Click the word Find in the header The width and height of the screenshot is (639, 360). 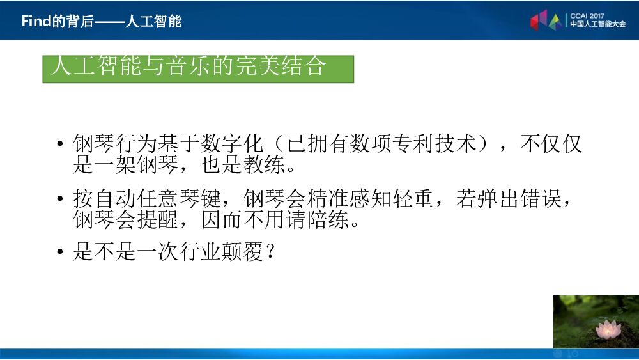(36, 21)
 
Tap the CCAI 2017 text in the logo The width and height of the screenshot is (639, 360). (587, 13)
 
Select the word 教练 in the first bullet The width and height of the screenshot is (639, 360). (261, 166)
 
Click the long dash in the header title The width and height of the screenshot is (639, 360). (108, 21)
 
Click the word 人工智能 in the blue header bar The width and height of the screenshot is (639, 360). (153, 21)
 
